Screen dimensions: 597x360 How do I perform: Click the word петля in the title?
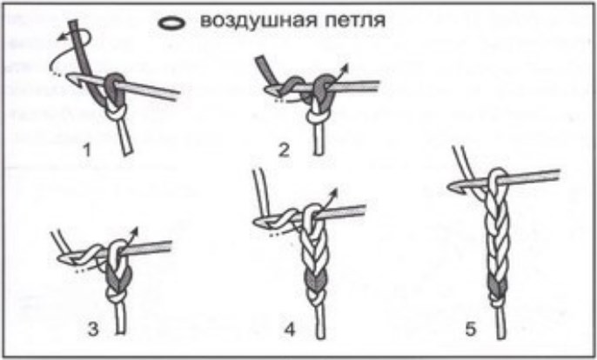(x=355, y=21)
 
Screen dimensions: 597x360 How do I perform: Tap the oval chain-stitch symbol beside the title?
(x=171, y=23)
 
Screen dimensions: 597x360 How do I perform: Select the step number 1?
(x=88, y=150)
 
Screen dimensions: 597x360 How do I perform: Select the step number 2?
(x=284, y=150)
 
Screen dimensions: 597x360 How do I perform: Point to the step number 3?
(x=93, y=328)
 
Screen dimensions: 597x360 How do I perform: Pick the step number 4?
(x=290, y=328)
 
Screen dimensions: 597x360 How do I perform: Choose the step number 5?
(x=471, y=328)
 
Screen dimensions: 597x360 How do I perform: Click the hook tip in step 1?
(x=70, y=78)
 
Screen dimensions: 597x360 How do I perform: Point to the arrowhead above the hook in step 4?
(x=334, y=192)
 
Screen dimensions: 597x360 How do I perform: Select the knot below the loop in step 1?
(x=116, y=113)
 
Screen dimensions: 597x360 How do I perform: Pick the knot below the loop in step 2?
(x=317, y=117)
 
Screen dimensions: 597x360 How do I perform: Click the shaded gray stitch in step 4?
(x=314, y=282)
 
